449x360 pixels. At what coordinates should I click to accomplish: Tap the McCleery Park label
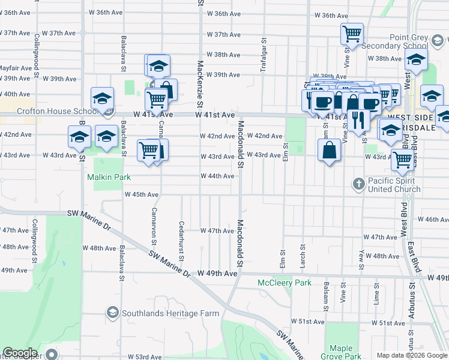[285, 283]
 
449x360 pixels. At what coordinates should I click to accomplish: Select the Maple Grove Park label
[341, 352]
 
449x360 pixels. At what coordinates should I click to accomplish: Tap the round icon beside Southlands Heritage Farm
[112, 313]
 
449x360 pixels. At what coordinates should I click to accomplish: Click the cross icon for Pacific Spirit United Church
[358, 182]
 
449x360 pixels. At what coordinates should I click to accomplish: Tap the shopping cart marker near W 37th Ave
[352, 34]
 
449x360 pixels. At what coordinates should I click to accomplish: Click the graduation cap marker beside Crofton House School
[103, 98]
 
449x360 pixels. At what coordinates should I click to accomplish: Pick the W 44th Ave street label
[217, 176]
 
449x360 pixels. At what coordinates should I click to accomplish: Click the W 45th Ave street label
[141, 194]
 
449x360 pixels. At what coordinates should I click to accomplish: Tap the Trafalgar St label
[263, 56]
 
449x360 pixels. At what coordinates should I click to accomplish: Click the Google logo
[20, 353]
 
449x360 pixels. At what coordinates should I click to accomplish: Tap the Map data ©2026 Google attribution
[411, 355]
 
